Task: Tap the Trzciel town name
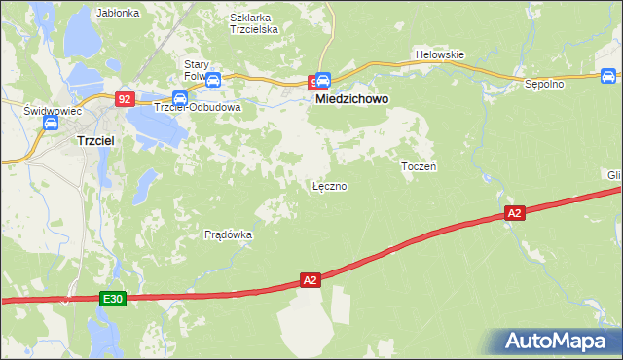tap(96, 140)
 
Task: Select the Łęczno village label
tap(329, 185)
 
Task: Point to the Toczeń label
tap(419, 166)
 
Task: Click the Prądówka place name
tap(229, 234)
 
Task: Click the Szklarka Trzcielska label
tap(254, 23)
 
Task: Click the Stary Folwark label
tap(198, 69)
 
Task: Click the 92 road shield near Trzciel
tap(125, 98)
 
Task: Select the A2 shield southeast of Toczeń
tap(515, 212)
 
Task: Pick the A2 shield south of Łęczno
tap(310, 280)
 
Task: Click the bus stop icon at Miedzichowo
tap(323, 81)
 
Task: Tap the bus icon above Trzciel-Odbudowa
tap(180, 96)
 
